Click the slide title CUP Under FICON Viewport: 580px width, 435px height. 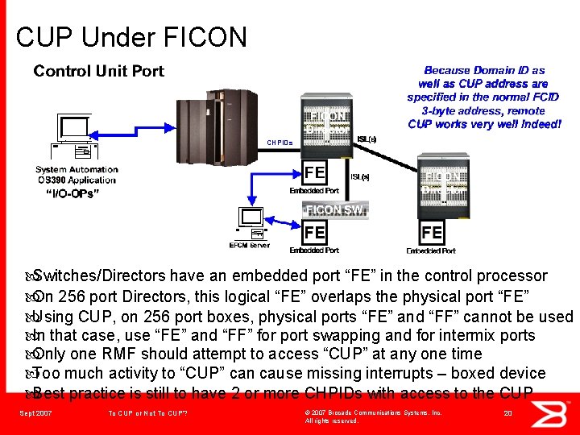(x=131, y=36)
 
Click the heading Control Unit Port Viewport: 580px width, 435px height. (x=98, y=72)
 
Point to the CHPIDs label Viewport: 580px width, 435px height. (x=281, y=143)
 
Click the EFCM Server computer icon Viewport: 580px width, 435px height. (x=251, y=224)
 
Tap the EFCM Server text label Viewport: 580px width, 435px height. (x=250, y=245)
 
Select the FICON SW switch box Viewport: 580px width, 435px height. (x=335, y=209)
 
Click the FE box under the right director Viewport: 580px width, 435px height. (x=433, y=233)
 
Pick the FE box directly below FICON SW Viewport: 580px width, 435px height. (x=315, y=233)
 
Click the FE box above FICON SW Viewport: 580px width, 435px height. (x=315, y=172)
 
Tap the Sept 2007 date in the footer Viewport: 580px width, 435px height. (x=35, y=413)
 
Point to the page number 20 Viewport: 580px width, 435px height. (x=507, y=413)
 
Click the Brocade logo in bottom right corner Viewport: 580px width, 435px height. (x=557, y=412)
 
